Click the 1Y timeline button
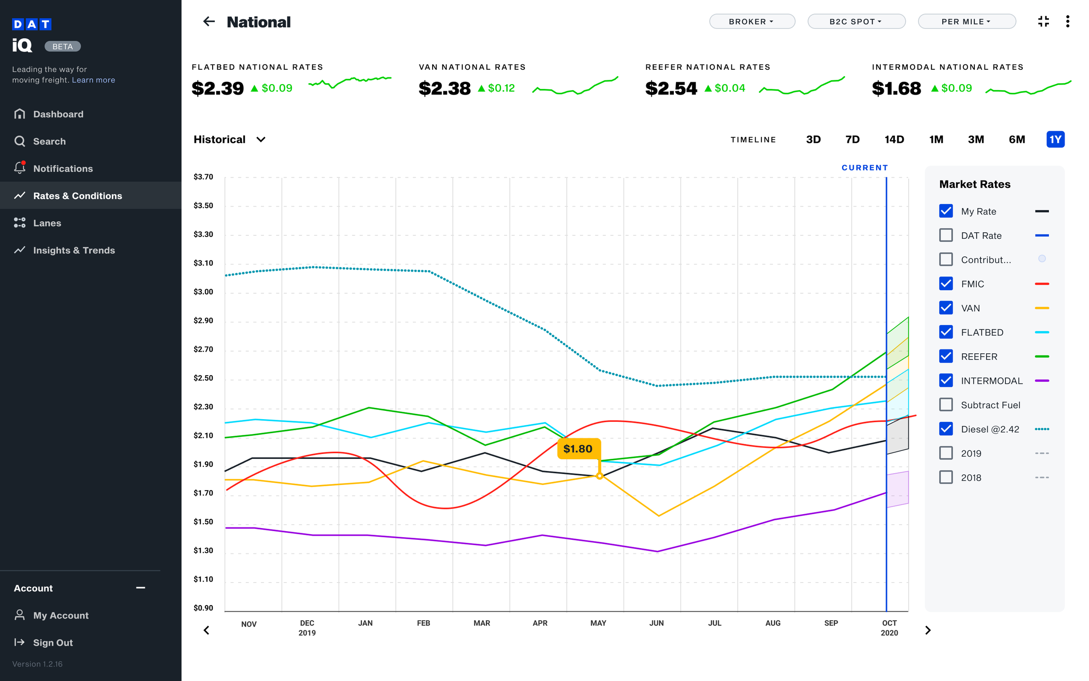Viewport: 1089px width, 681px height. coord(1055,139)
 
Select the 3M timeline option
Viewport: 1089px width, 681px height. coord(976,139)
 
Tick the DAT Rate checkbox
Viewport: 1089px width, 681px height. coord(946,236)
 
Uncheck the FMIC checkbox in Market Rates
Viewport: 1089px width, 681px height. coord(946,284)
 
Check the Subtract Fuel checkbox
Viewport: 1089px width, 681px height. coord(946,405)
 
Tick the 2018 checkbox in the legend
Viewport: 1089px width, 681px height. coord(946,478)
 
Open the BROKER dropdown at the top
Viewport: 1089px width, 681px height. coord(751,22)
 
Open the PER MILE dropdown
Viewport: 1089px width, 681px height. coord(966,22)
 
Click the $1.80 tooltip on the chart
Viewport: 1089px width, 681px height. coord(578,449)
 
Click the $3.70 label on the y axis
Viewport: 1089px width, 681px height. coord(203,177)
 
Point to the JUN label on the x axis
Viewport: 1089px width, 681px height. coord(656,623)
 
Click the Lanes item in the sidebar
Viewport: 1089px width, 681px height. coord(47,223)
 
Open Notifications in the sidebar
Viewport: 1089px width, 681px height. coord(63,169)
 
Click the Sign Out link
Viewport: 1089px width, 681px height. coord(53,643)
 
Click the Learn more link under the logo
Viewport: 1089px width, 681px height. coord(93,80)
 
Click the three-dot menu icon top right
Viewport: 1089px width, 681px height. coord(1067,22)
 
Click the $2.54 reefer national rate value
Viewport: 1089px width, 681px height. coord(671,88)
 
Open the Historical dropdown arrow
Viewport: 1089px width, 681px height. coord(260,139)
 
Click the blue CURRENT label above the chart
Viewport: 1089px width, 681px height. coord(864,168)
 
